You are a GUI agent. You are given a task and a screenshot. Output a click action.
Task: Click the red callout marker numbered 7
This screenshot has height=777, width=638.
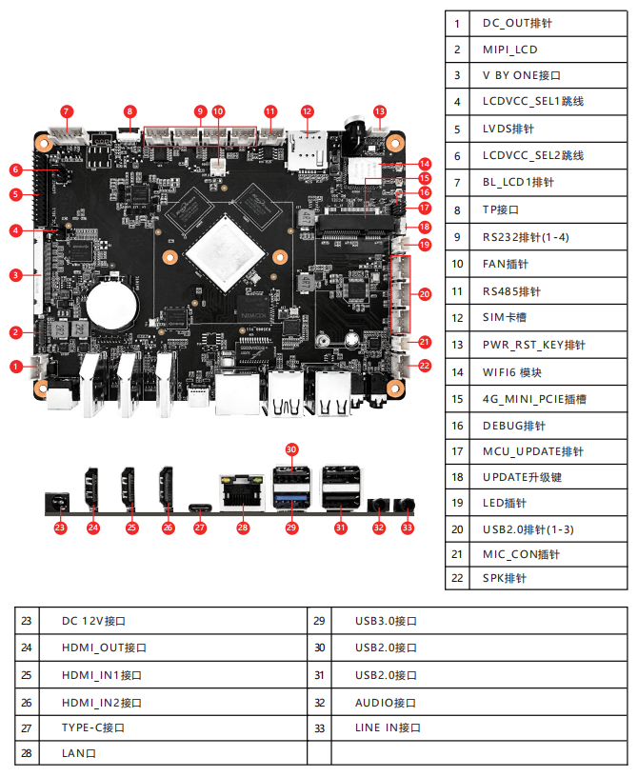66,111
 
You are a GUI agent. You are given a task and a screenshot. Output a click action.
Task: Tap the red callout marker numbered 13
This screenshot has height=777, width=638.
380,111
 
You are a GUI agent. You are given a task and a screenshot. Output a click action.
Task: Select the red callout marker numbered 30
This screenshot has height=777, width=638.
291,448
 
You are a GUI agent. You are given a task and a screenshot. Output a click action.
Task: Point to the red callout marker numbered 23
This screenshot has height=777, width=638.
60,527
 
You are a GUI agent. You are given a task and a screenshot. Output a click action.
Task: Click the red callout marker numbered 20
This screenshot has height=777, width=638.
425,293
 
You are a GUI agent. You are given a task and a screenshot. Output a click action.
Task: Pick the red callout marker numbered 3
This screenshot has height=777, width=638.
16,275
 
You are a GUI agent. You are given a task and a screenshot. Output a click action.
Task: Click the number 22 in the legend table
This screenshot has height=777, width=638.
457,577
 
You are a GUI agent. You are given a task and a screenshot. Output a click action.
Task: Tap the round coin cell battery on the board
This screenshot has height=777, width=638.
113,305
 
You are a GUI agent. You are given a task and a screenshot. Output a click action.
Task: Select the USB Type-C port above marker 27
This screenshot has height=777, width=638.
200,507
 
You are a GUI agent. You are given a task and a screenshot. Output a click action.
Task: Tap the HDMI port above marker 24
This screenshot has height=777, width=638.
93,488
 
